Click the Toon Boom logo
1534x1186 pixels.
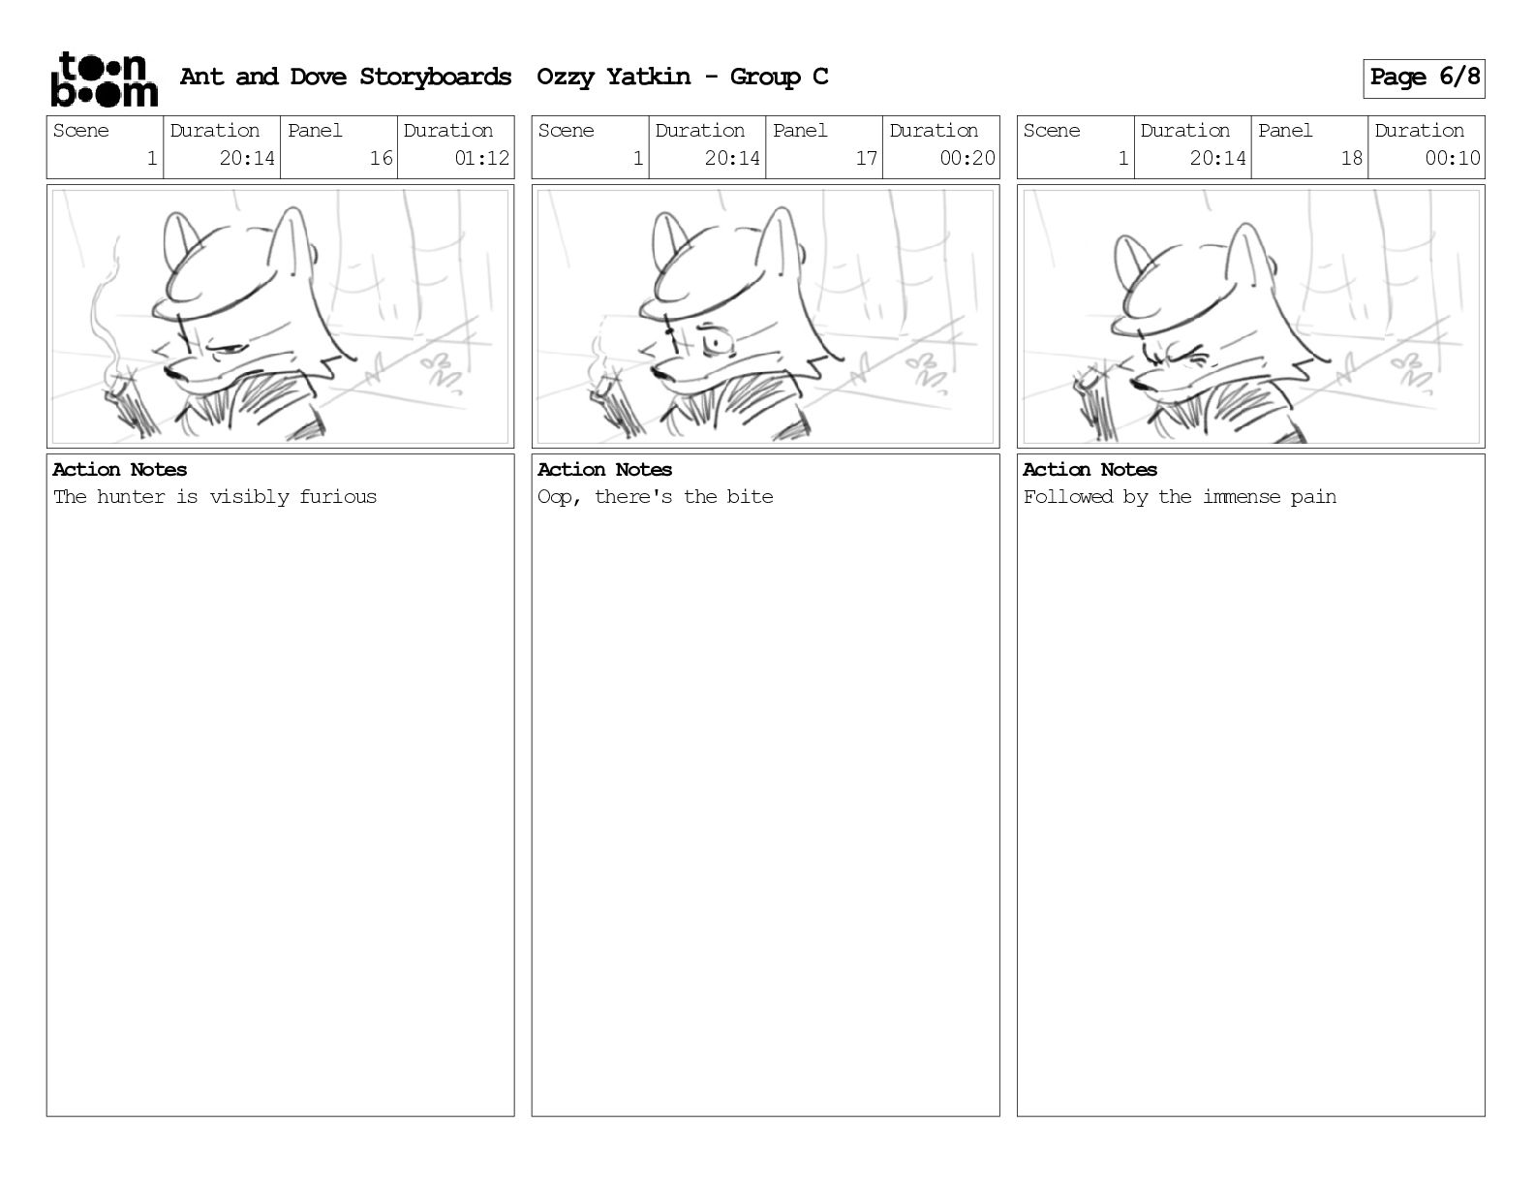(105, 79)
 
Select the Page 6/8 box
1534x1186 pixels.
(1424, 78)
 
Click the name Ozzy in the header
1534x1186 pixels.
(566, 77)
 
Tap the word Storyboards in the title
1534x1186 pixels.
(435, 77)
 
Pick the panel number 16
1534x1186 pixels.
(382, 158)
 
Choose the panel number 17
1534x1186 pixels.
(866, 158)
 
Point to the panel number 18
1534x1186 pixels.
(1351, 158)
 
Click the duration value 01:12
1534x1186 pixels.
(481, 158)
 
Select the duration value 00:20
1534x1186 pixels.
(967, 158)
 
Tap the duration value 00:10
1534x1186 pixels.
(1452, 158)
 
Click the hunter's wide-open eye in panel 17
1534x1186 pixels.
(715, 343)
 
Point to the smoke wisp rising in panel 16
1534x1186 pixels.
(106, 311)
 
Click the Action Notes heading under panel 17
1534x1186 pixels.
(604, 470)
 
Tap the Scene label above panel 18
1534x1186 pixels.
(1051, 131)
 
